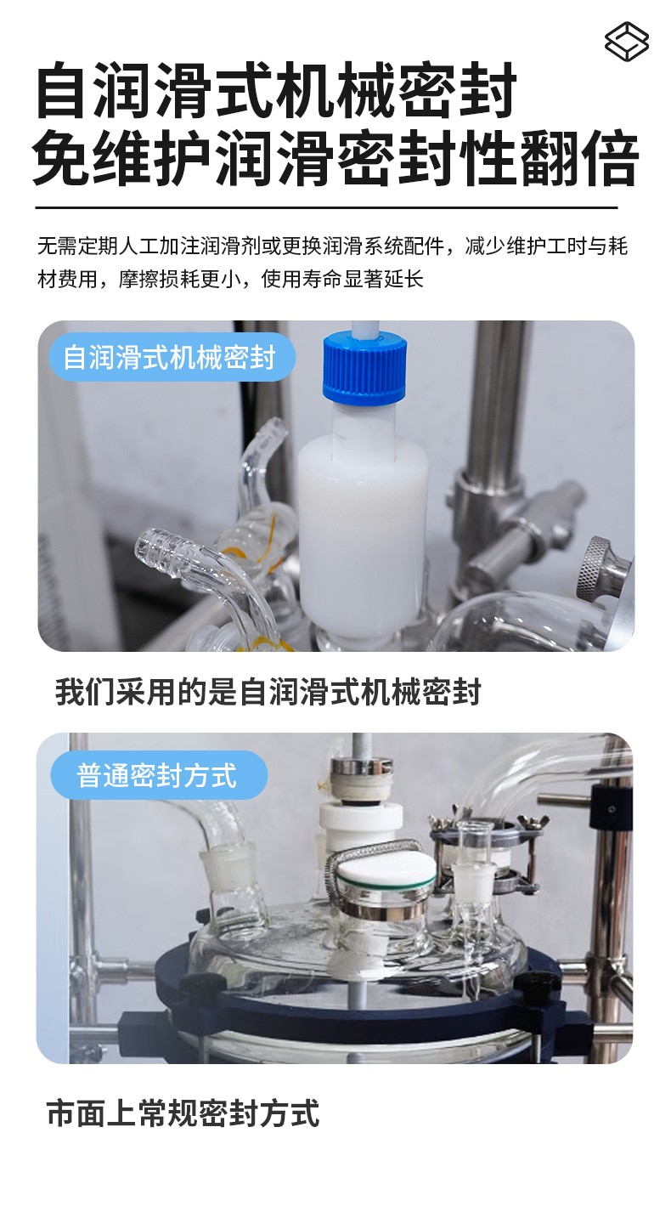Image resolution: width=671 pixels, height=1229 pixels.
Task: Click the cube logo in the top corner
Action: pyautogui.click(x=627, y=41)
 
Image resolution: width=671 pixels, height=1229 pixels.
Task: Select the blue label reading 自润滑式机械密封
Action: pyautogui.click(x=172, y=357)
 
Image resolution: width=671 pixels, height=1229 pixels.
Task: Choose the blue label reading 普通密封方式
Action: pyautogui.click(x=159, y=775)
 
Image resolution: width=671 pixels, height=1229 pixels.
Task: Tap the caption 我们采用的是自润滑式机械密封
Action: pyautogui.click(x=268, y=692)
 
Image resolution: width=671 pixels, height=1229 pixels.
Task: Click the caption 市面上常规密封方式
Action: pyautogui.click(x=183, y=1113)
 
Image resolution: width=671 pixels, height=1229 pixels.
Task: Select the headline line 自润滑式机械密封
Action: pyautogui.click(x=276, y=90)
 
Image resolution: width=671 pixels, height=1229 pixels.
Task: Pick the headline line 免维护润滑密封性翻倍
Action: pyautogui.click(x=335, y=158)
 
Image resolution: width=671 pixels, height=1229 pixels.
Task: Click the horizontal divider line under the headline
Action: pyautogui.click(x=327, y=208)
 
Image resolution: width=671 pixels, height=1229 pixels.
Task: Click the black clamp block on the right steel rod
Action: pyautogui.click(x=610, y=807)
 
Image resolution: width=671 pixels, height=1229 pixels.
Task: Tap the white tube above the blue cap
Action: pyautogui.click(x=364, y=327)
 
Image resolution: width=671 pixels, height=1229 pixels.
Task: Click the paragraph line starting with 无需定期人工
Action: pyautogui.click(x=333, y=246)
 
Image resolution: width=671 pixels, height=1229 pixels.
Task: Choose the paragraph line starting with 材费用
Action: pyautogui.click(x=230, y=280)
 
